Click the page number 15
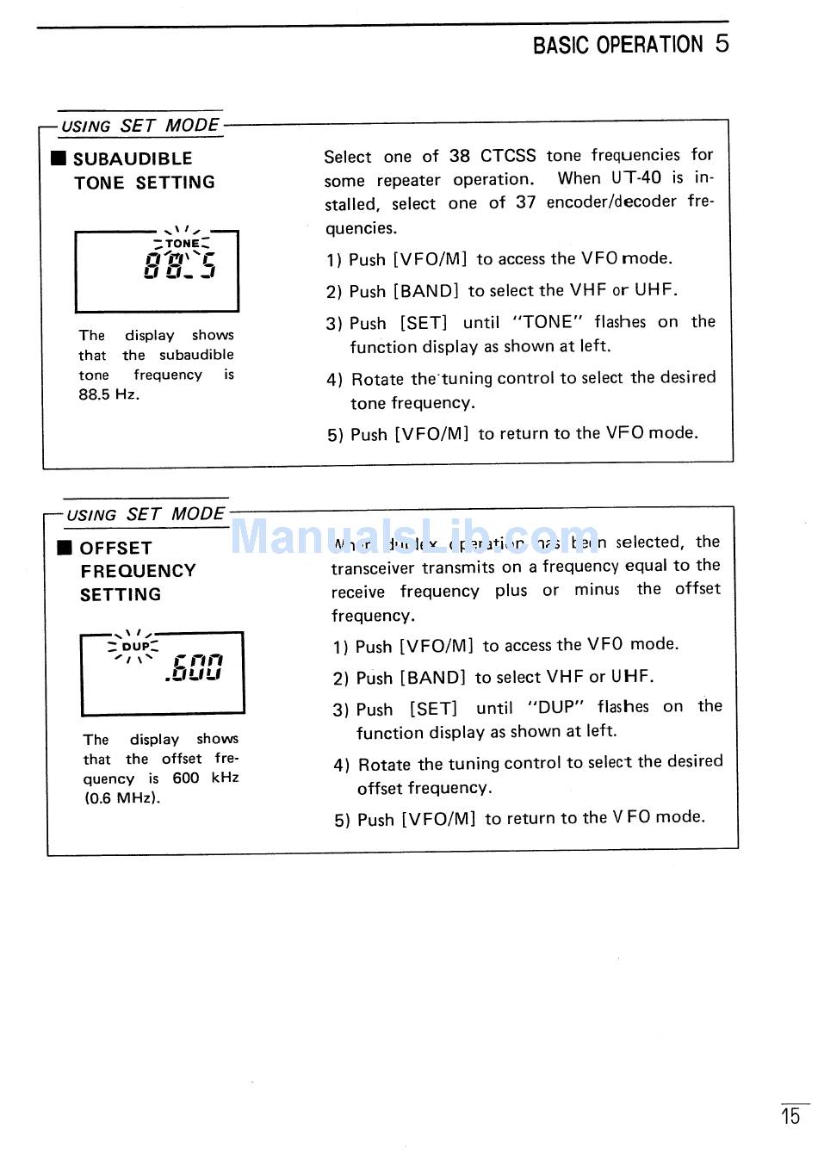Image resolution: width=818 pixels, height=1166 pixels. coord(790,1117)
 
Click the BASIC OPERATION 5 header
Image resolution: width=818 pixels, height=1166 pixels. coord(630,45)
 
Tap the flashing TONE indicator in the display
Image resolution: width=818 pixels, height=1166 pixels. coord(183,244)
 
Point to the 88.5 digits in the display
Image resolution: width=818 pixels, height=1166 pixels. coord(180,264)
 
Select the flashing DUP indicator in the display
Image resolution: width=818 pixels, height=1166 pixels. coord(135,647)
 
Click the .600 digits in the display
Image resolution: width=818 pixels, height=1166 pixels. coord(195,667)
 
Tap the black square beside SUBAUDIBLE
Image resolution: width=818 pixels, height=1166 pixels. coord(59,158)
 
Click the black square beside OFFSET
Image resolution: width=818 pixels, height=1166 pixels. coord(65,548)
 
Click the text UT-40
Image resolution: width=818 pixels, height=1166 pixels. coord(636,178)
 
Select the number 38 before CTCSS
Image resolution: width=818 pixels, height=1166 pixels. coord(460,156)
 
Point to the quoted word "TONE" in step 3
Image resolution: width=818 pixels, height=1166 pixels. coord(548,322)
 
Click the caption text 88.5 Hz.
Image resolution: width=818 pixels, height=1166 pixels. coord(108,394)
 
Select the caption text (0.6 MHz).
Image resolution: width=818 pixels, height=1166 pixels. coord(122,798)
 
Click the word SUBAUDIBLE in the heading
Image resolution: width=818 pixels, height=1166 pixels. coord(133,158)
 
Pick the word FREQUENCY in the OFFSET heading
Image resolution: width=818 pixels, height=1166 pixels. coord(138,571)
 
